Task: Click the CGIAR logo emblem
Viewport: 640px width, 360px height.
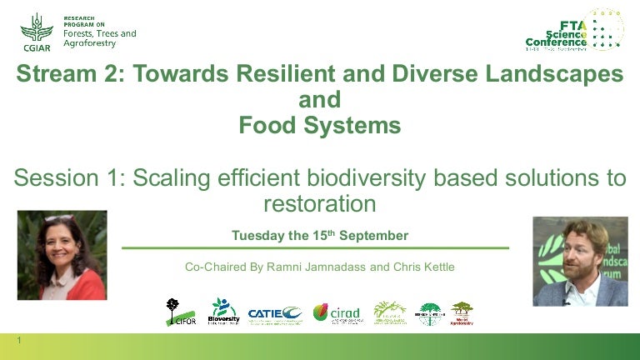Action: click(x=36, y=32)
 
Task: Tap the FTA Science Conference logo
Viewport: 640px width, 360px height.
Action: click(x=575, y=32)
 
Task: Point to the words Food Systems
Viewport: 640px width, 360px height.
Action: click(x=320, y=126)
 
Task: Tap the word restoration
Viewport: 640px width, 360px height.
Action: click(x=320, y=203)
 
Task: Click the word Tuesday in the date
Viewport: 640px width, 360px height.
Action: click(x=258, y=236)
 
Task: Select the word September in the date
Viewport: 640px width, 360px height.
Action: click(x=373, y=236)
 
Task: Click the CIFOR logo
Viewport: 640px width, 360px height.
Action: click(x=177, y=312)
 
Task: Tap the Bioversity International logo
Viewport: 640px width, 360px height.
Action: click(x=223, y=312)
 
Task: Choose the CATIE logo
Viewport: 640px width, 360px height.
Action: click(x=275, y=313)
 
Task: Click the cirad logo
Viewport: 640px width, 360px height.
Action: click(x=337, y=312)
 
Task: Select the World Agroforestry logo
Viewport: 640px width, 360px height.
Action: click(x=462, y=312)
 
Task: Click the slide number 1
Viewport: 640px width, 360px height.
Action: click(x=18, y=341)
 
